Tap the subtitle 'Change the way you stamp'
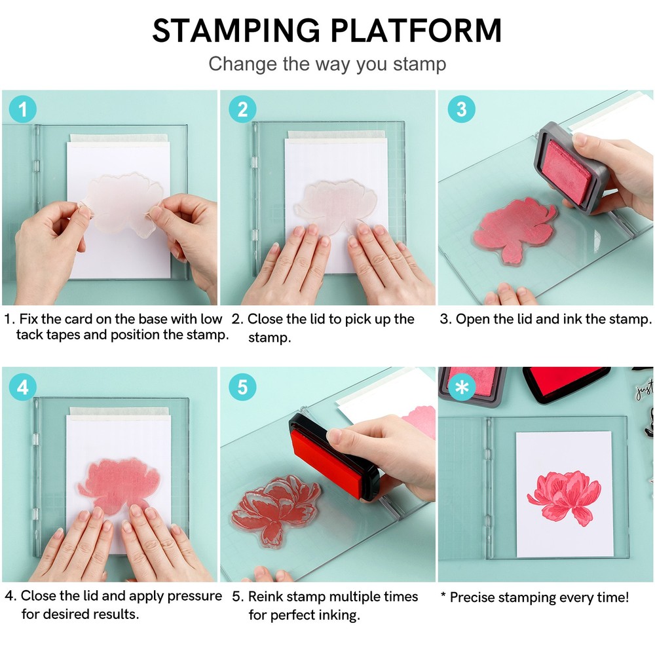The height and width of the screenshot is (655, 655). click(327, 64)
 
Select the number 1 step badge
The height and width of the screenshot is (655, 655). click(23, 109)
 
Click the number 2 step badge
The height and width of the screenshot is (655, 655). click(242, 109)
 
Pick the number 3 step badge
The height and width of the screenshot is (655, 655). click(461, 109)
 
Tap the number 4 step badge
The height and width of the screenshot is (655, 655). click(23, 387)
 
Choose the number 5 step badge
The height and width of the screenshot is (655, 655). click(242, 387)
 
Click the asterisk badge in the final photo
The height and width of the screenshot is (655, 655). click(461, 387)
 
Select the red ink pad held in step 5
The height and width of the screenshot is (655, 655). click(334, 458)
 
